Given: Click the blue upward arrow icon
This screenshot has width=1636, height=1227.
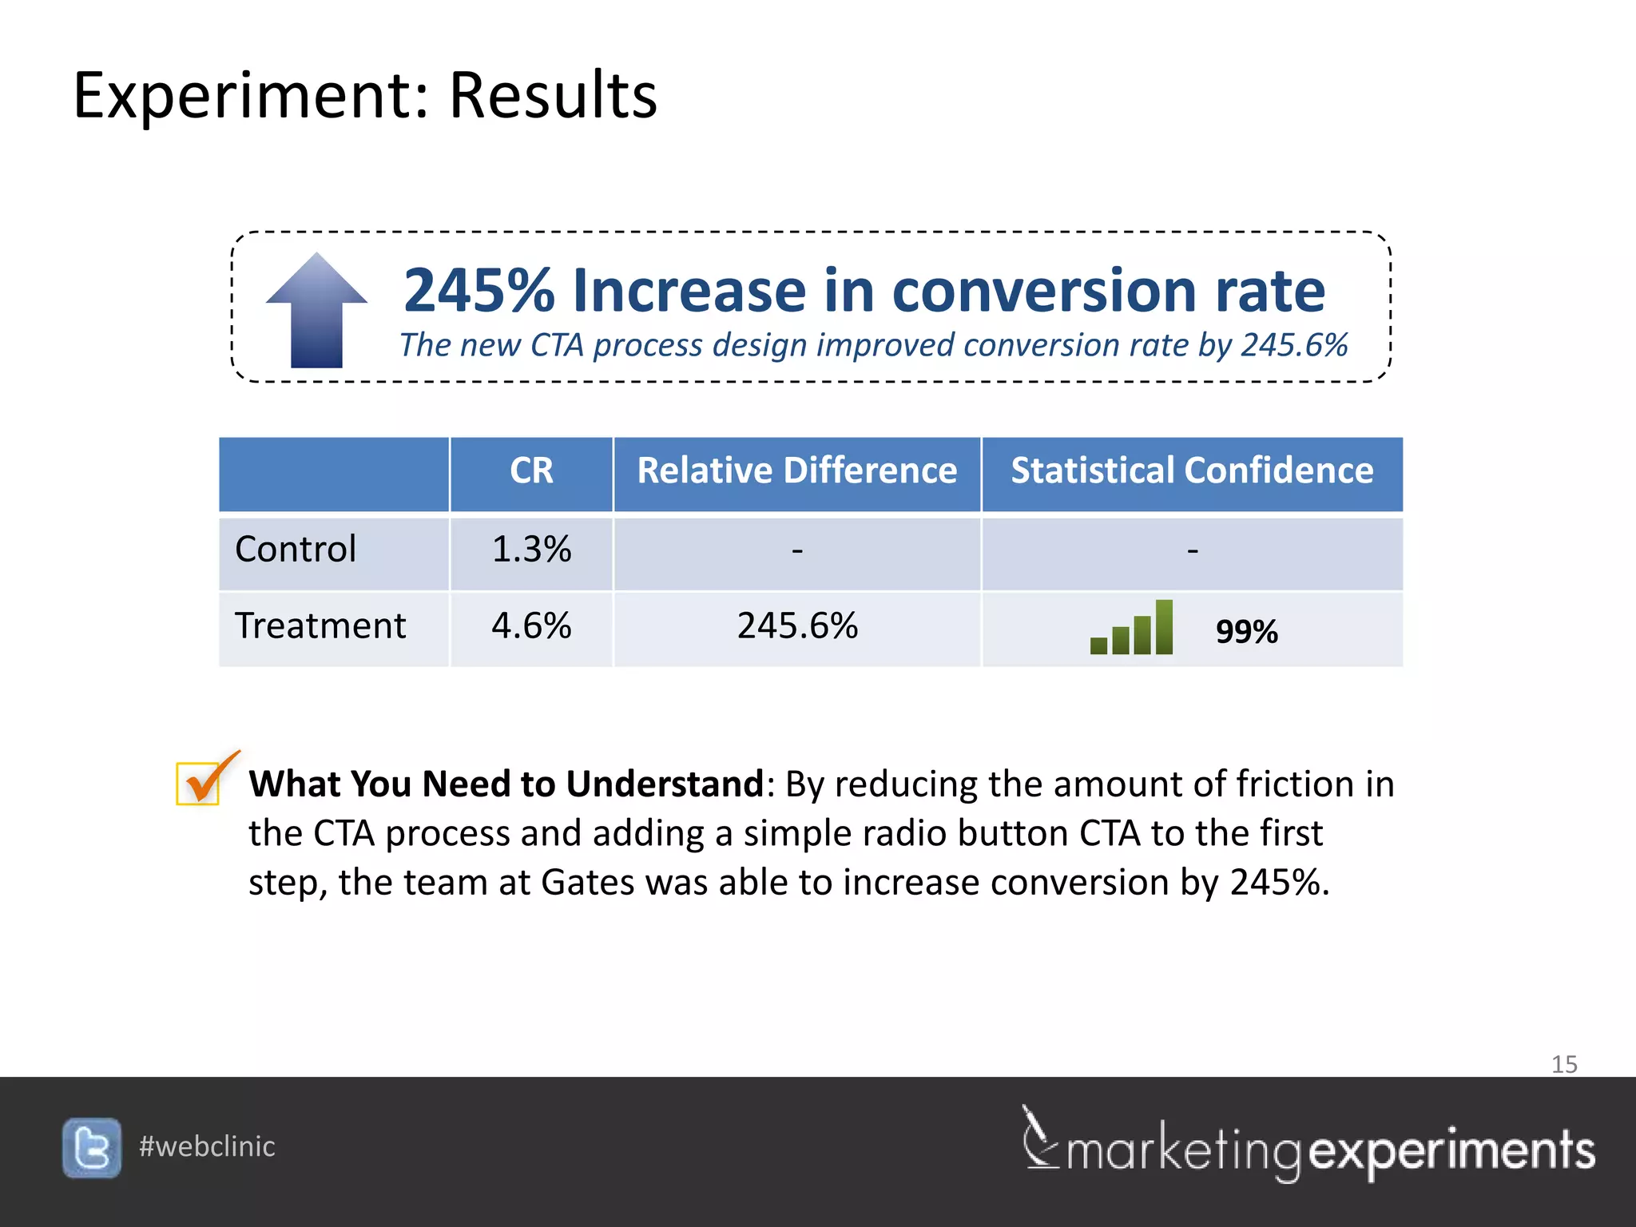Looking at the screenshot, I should (x=316, y=312).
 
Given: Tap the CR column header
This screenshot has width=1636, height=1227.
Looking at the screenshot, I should (x=531, y=471).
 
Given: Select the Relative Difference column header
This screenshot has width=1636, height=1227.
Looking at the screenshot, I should (x=796, y=471).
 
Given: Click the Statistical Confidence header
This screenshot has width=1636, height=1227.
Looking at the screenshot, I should (x=1192, y=471).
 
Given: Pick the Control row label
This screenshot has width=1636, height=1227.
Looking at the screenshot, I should (x=296, y=550).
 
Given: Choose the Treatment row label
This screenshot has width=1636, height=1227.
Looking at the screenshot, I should (x=320, y=626).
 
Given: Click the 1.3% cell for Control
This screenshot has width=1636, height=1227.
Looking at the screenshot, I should (x=531, y=550).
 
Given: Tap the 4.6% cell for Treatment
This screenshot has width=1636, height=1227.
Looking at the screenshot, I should (x=531, y=626).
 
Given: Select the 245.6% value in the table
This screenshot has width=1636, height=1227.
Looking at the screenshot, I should (x=797, y=626).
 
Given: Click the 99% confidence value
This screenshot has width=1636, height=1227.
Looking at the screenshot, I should (x=1246, y=632).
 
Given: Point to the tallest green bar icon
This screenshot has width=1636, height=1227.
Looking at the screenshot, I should (x=1164, y=627).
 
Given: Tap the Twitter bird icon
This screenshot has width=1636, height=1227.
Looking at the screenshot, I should (x=92, y=1148).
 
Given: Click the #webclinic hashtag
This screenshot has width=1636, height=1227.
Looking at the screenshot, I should (x=207, y=1147).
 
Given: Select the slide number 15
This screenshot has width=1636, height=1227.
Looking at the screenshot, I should (x=1564, y=1065).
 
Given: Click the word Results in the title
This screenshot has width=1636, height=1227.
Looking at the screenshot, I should (x=553, y=96).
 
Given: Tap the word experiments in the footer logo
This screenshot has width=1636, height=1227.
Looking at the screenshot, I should (x=1452, y=1151).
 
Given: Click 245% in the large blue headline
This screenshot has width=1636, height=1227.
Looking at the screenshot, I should (x=478, y=291).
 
